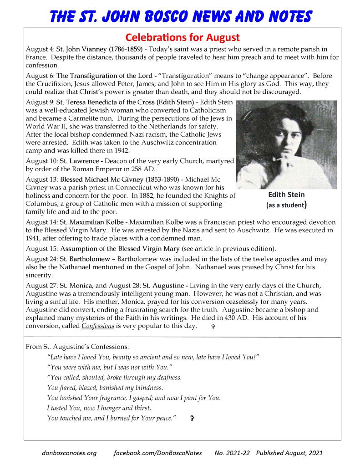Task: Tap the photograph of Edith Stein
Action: click(x=286, y=144)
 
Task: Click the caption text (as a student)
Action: click(x=286, y=205)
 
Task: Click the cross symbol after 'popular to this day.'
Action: click(x=213, y=327)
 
